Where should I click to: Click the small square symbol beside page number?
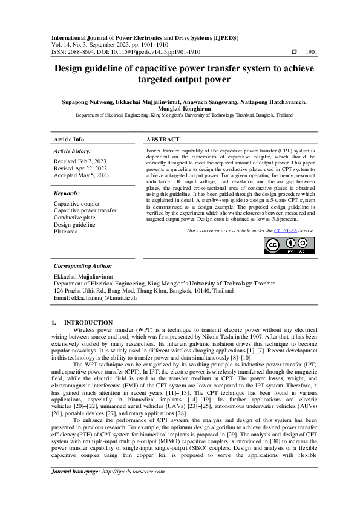(293, 53)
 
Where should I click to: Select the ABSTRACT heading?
(163, 139)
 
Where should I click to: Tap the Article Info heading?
(69, 139)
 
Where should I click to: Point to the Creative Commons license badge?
(289, 245)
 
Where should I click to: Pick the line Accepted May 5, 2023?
(81, 175)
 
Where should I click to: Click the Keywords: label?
(67, 193)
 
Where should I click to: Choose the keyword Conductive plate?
(74, 217)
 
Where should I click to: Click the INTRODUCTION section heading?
(88, 323)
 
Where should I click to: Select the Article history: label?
(73, 151)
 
